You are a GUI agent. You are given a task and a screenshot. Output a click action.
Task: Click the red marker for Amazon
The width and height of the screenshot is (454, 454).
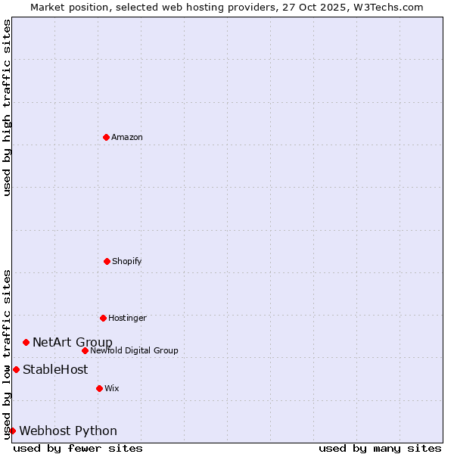click(106, 137)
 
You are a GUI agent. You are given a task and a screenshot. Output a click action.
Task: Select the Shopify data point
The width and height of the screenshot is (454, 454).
click(107, 261)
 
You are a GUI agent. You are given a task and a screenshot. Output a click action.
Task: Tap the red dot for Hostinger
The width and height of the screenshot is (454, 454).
click(103, 318)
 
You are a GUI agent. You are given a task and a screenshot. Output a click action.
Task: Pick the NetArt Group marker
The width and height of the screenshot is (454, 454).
click(26, 342)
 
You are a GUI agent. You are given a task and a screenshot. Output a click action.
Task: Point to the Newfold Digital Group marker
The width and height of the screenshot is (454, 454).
click(85, 350)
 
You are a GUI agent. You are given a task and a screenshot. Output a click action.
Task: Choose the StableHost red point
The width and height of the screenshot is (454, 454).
click(16, 369)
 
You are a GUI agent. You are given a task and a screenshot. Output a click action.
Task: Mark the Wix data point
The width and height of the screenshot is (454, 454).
click(99, 388)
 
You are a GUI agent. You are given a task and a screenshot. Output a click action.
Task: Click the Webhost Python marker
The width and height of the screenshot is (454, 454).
click(12, 431)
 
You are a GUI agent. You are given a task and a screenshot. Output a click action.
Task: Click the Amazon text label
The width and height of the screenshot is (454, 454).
click(127, 137)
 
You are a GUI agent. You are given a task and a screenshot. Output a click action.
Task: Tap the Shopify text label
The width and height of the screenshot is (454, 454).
click(127, 261)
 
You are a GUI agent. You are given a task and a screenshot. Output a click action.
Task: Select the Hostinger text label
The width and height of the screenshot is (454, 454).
click(127, 318)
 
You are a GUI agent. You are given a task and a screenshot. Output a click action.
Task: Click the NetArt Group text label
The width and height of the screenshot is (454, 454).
click(73, 342)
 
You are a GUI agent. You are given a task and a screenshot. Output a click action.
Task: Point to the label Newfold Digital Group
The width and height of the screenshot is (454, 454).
click(134, 350)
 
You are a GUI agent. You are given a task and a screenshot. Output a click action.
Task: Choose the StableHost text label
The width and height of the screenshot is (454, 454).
click(55, 369)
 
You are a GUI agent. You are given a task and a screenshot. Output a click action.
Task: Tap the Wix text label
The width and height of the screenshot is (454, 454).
click(112, 388)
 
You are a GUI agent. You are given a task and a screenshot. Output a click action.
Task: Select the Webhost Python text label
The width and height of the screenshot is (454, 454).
click(68, 431)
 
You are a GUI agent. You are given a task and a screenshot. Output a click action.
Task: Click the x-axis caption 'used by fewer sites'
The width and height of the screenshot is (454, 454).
click(78, 448)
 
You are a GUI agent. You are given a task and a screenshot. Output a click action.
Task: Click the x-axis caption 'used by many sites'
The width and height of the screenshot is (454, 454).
click(380, 448)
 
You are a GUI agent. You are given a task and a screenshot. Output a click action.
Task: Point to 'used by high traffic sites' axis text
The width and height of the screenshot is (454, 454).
click(7, 107)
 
